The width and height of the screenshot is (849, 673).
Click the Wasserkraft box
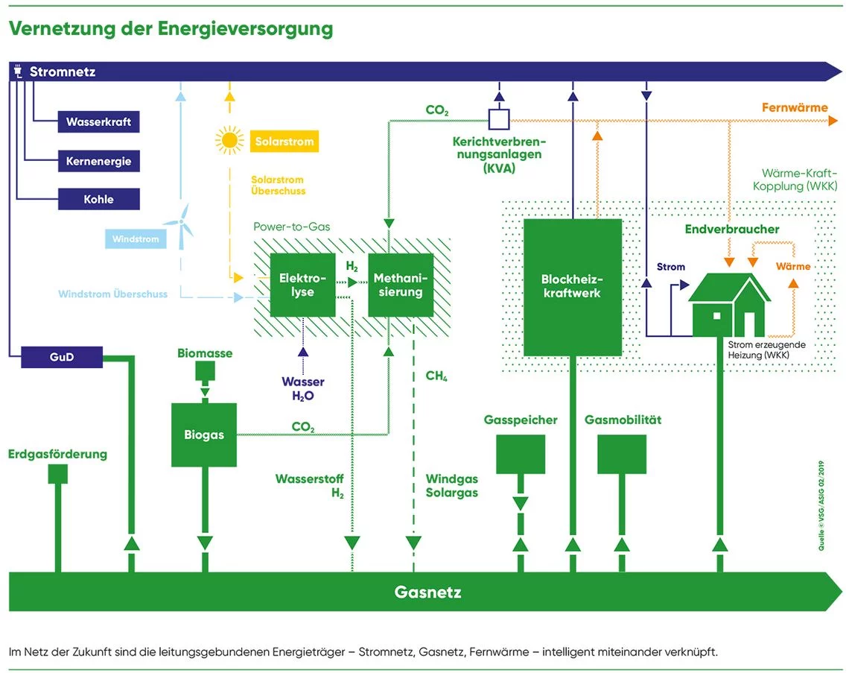(x=98, y=121)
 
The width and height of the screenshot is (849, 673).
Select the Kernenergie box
(x=98, y=161)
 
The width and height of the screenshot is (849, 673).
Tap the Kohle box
(x=98, y=200)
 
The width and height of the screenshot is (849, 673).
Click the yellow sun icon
(x=229, y=139)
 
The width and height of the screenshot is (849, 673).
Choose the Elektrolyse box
(x=302, y=285)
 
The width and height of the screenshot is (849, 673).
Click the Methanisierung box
(x=400, y=285)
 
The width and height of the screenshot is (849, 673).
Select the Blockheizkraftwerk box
(x=572, y=287)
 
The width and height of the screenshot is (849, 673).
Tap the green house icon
(x=729, y=306)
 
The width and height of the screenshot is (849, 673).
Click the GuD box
(x=61, y=357)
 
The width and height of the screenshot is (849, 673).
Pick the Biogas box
(x=204, y=435)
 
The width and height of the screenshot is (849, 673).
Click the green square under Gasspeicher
(x=521, y=455)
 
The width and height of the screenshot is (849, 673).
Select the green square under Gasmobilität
(x=622, y=455)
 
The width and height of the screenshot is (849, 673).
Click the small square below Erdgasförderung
(x=57, y=473)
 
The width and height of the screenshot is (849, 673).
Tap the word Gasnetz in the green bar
(x=427, y=593)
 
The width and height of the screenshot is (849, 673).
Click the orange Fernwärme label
(x=794, y=108)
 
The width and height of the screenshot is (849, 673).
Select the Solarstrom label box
(x=284, y=141)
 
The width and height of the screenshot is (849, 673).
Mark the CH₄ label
(x=436, y=376)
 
